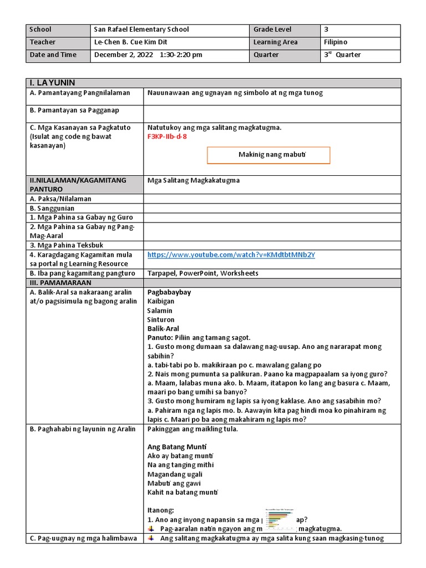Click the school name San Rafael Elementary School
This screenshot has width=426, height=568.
[x=141, y=29]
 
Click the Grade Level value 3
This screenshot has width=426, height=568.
[x=326, y=29]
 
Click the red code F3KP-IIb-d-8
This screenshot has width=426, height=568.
[x=167, y=136]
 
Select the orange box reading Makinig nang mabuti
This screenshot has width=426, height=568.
[x=268, y=155]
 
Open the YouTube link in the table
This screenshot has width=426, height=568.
[x=231, y=255]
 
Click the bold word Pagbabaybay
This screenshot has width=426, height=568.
[x=169, y=292]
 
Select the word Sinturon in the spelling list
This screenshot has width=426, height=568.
[x=161, y=319]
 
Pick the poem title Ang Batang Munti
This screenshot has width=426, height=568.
[x=177, y=447]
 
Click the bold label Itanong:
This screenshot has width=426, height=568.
[x=161, y=510]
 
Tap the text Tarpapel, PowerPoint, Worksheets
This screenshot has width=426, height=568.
[x=202, y=273]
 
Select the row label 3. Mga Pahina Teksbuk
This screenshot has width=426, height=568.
[x=67, y=245]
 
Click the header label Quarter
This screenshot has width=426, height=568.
[x=266, y=55]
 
